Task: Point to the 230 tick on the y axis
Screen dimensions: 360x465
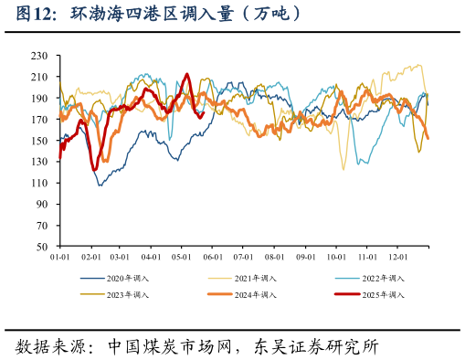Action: [x=39, y=56]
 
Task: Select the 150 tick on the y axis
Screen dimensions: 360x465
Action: [x=39, y=141]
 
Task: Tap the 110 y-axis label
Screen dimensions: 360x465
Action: [x=39, y=183]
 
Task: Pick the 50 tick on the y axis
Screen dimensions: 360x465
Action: [x=42, y=247]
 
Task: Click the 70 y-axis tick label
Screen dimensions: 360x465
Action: [x=42, y=226]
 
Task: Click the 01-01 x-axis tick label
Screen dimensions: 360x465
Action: [x=59, y=259]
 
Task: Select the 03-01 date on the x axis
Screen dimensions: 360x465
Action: [x=121, y=259]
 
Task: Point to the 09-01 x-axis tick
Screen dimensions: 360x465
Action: [x=305, y=259]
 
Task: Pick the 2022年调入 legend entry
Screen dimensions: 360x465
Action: [x=383, y=278]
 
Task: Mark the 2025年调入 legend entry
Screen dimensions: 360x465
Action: [x=383, y=294]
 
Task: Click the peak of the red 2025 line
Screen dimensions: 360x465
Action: [x=187, y=75]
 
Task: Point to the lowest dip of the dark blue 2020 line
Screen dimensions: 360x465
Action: [x=100, y=185]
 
